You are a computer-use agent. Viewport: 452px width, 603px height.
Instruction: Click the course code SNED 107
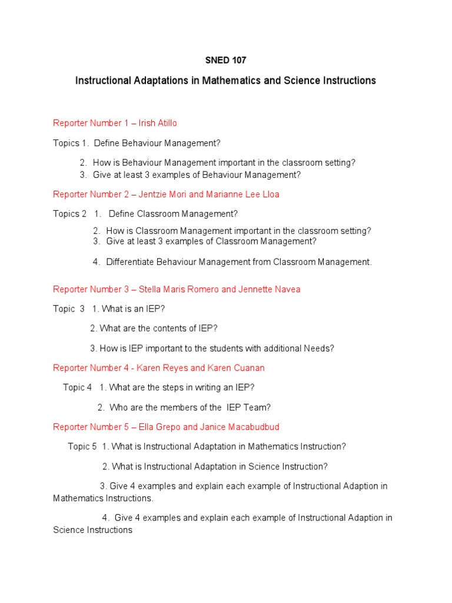click(225, 60)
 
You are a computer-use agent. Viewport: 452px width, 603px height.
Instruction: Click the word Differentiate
click(133, 262)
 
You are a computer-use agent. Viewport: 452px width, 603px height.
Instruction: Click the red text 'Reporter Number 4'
click(91, 368)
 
